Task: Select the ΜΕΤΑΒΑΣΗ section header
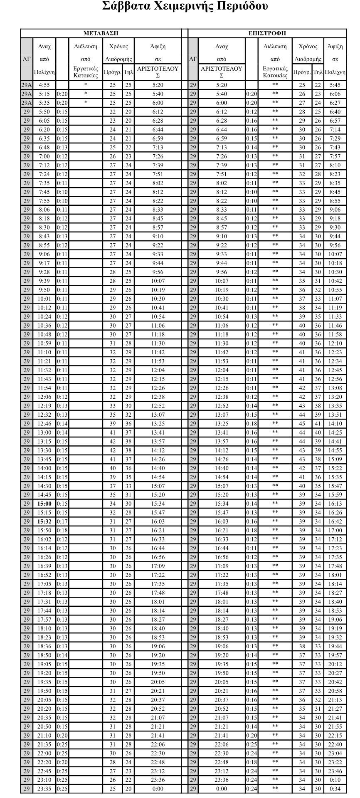101,33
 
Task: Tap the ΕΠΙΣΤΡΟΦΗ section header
267,33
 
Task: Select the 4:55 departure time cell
44,85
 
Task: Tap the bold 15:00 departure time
44,504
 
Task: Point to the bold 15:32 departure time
44,521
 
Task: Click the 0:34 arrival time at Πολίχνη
335,789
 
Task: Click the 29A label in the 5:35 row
27,103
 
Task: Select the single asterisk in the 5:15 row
86,94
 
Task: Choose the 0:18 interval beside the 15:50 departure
62,530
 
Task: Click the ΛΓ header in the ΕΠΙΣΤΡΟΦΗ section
193,59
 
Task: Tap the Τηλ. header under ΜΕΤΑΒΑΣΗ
128,72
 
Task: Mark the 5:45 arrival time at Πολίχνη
335,85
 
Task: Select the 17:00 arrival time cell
335,530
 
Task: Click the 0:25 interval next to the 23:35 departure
62,789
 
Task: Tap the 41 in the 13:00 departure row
113,432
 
